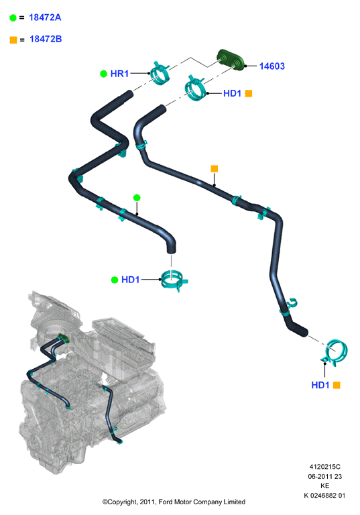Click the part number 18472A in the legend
(45, 17)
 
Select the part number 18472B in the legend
(46, 39)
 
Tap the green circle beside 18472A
(13, 17)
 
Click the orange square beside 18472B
(13, 40)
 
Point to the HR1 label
(119, 74)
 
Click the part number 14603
(272, 66)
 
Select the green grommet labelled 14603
(231, 60)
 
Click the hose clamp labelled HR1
(160, 72)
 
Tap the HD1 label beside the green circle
(131, 280)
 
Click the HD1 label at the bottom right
(320, 385)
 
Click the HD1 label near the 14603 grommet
(232, 93)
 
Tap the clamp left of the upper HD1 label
(195, 88)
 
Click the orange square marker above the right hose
(214, 169)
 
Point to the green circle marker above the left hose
(137, 198)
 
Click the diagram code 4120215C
(325, 467)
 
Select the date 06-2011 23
(325, 476)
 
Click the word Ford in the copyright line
(166, 502)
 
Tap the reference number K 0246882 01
(324, 496)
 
